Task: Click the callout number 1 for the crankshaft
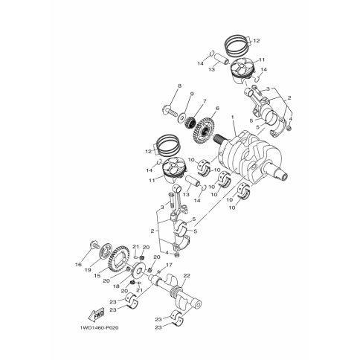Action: coord(233,117)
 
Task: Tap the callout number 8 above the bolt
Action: coord(179,86)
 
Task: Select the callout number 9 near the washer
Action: coord(191,94)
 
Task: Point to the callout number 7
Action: coord(205,100)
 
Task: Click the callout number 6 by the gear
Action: coord(217,108)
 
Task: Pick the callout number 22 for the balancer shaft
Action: coord(187,275)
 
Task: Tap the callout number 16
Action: coord(78,265)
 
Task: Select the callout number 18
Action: coord(116,286)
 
